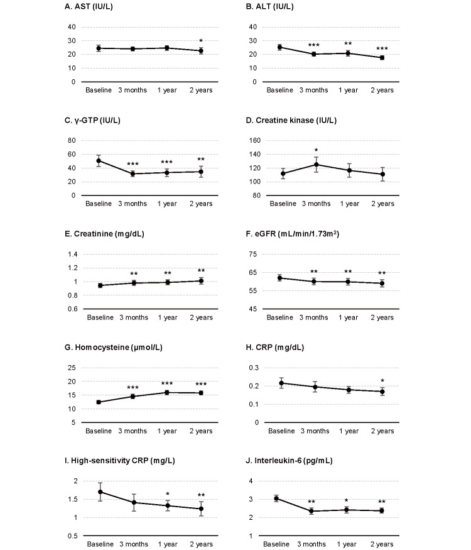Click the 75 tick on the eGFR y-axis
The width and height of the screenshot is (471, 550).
click(x=256, y=254)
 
